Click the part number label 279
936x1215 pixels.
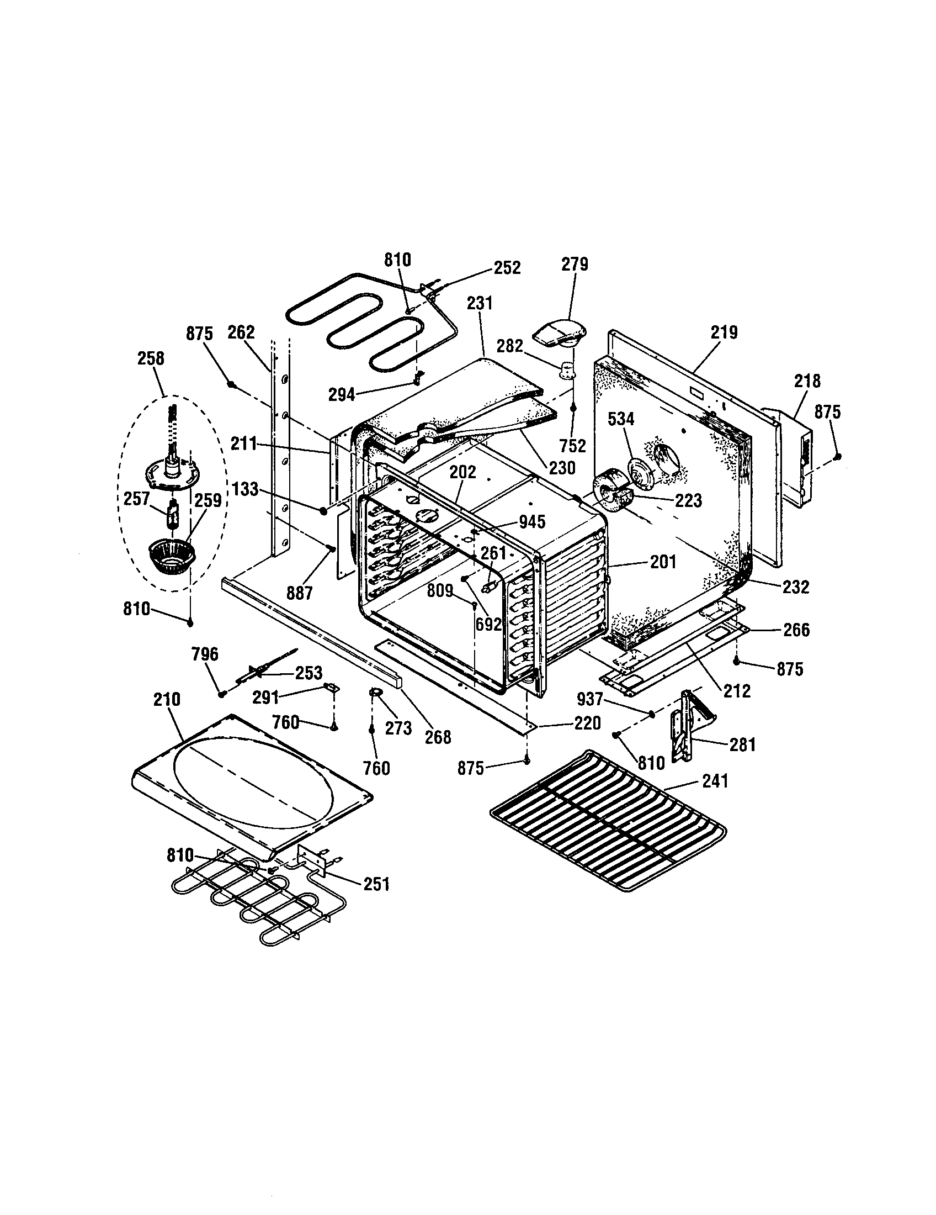574,263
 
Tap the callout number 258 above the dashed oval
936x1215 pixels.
151,358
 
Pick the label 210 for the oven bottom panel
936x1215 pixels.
167,699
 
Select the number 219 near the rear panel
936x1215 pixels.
724,332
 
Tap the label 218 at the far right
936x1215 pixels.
806,381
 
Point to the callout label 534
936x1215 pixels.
621,419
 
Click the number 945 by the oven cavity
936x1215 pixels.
531,521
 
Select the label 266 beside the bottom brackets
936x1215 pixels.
796,630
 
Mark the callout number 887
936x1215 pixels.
300,594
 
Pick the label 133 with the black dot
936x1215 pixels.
245,489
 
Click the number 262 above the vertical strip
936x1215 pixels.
241,332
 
